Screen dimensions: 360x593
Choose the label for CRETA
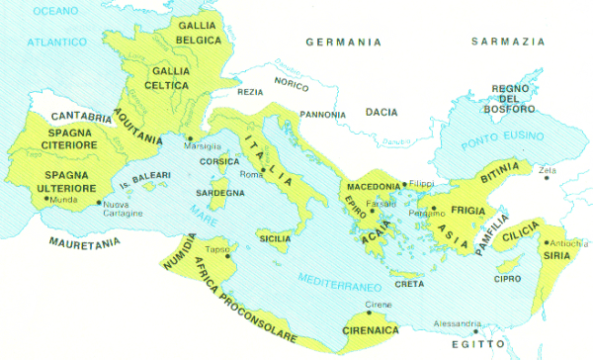click(409, 285)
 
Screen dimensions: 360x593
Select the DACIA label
click(381, 112)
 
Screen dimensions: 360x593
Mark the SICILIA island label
click(275, 238)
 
